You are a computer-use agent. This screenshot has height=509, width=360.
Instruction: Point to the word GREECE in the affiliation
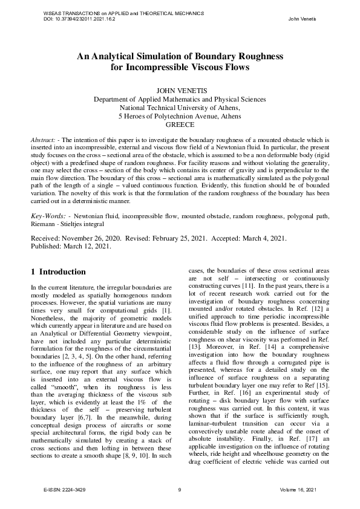click(180, 125)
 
